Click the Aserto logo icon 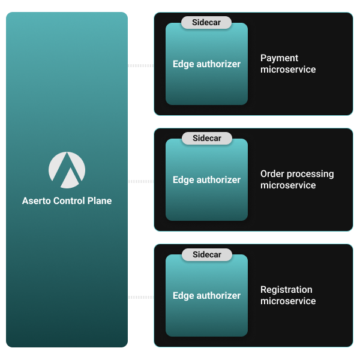(x=67, y=170)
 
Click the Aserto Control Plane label (x=67, y=201)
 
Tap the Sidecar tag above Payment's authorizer (x=206, y=23)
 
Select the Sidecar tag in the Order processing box (x=206, y=139)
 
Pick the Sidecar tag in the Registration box (x=206, y=254)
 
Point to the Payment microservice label (x=288, y=64)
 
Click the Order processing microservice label (x=297, y=179)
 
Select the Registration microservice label (x=288, y=295)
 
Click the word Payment (x=279, y=58)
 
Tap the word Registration (x=286, y=290)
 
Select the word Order (x=272, y=174)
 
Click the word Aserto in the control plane (x=37, y=201)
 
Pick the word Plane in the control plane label (x=99, y=201)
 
